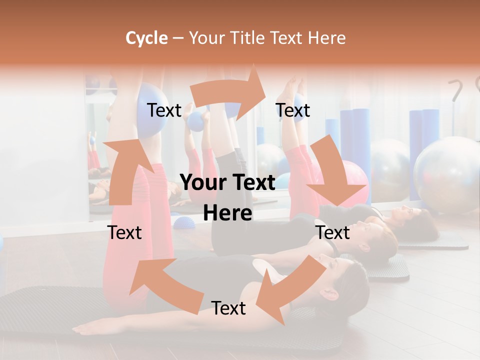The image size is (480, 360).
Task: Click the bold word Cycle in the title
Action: click(x=146, y=38)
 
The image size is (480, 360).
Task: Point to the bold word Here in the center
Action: click(x=227, y=213)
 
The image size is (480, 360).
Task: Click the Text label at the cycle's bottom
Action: click(x=228, y=308)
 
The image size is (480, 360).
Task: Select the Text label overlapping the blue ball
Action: click(x=164, y=110)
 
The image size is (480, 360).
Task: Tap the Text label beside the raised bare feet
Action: click(x=293, y=110)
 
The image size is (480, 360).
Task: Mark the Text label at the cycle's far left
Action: click(x=125, y=232)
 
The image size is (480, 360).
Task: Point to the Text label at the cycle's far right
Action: click(x=333, y=232)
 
